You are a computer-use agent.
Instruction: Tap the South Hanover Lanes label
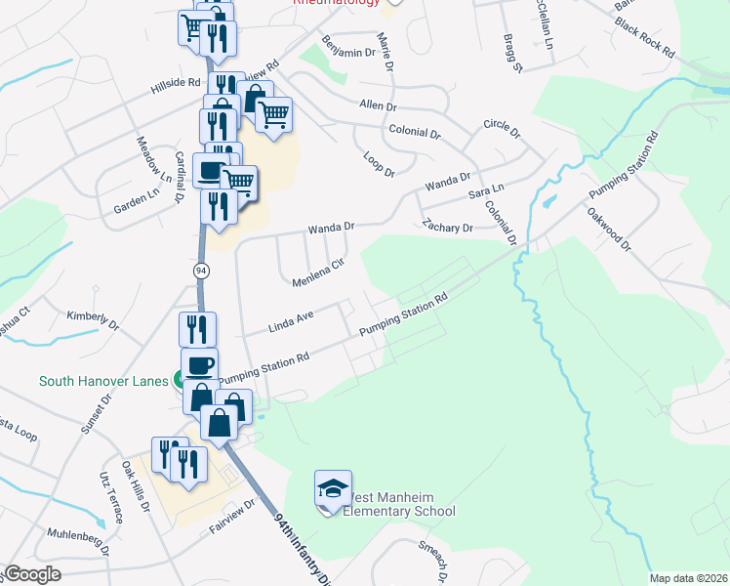tap(101, 381)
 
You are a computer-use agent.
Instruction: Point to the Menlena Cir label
tap(319, 272)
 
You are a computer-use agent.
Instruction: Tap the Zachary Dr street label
tap(448, 227)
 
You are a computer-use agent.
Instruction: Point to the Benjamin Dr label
tap(348, 46)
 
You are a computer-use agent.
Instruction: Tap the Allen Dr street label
tap(378, 105)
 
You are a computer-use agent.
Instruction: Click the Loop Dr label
tap(378, 163)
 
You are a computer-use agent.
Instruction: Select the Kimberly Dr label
tap(92, 318)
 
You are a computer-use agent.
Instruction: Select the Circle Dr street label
tap(502, 130)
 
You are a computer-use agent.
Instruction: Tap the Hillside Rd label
tap(176, 86)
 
